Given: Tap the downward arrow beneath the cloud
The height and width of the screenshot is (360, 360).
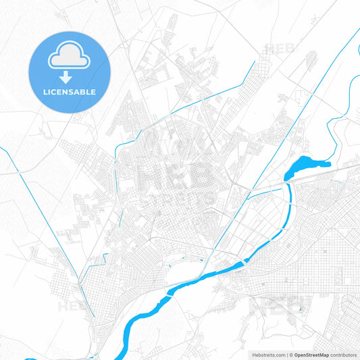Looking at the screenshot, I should [x=69, y=76].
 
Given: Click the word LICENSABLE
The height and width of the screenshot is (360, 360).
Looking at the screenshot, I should [x=69, y=91].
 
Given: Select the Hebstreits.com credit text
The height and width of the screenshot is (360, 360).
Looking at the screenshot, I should [x=269, y=355].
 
